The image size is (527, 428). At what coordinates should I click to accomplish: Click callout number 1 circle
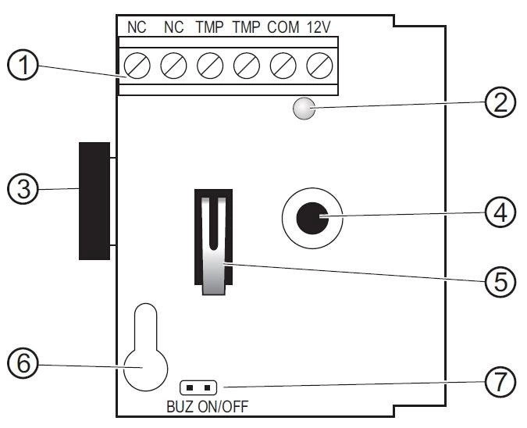click(23, 65)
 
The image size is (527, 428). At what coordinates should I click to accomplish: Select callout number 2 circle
click(500, 102)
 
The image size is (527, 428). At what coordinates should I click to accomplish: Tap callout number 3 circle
click(23, 189)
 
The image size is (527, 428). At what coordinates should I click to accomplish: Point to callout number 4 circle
click(500, 212)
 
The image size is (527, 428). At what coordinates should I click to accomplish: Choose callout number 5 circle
click(500, 281)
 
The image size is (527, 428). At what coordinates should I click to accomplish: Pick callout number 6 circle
click(23, 363)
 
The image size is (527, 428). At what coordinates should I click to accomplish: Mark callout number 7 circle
click(500, 382)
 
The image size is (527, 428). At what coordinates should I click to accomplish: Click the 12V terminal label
click(319, 27)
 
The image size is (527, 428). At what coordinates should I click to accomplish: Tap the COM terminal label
click(283, 27)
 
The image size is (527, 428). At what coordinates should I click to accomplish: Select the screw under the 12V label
click(319, 66)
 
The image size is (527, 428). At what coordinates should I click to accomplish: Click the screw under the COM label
click(283, 66)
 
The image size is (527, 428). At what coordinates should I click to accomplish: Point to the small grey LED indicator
click(304, 109)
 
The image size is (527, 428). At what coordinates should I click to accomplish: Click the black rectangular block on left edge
click(94, 201)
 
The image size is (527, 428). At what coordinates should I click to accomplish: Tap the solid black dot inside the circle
click(312, 218)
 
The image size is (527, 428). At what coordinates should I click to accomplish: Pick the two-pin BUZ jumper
click(198, 387)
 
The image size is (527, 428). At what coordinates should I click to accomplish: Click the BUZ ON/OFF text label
click(208, 407)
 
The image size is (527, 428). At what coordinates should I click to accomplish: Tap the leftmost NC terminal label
click(137, 27)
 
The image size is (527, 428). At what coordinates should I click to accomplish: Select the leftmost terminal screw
click(137, 66)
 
